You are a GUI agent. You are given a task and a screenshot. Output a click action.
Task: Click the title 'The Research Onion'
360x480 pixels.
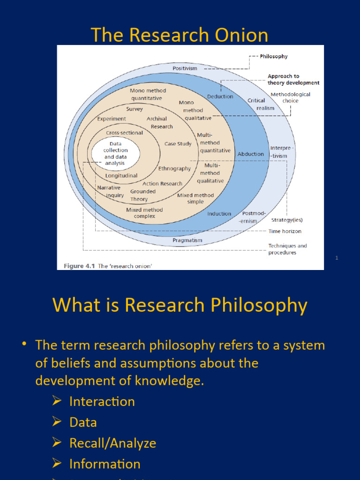[180, 35]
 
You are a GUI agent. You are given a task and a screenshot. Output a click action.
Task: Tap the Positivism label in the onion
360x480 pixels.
[185, 68]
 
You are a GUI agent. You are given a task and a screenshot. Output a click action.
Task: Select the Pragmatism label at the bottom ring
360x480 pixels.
[187, 240]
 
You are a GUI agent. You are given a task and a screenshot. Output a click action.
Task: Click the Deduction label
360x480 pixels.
[220, 97]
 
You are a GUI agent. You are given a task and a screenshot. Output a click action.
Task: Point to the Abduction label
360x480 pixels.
[250, 154]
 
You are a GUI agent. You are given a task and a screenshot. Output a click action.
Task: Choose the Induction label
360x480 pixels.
[219, 214]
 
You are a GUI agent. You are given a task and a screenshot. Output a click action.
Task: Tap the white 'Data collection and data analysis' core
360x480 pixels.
[115, 154]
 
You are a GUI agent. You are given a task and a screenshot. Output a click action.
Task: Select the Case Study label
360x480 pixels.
[178, 144]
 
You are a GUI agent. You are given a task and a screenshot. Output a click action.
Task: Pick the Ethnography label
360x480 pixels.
[174, 168]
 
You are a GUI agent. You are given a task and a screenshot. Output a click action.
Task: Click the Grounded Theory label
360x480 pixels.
[142, 195]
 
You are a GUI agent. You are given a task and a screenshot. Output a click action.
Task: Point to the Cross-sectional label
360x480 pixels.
[124, 133]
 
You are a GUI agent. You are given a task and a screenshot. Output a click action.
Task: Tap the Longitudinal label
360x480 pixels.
[121, 176]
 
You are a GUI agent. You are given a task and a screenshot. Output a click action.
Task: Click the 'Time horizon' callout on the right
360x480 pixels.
[285, 231]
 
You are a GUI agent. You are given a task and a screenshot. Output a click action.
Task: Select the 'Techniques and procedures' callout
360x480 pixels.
[287, 249]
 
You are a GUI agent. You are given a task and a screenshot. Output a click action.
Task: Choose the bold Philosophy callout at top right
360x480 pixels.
[274, 56]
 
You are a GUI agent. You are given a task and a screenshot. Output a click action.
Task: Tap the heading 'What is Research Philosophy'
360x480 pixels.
[180, 305]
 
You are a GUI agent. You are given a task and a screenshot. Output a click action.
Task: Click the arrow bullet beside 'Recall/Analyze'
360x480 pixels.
[57, 442]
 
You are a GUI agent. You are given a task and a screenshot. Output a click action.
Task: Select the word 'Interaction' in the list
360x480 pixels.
[102, 401]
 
